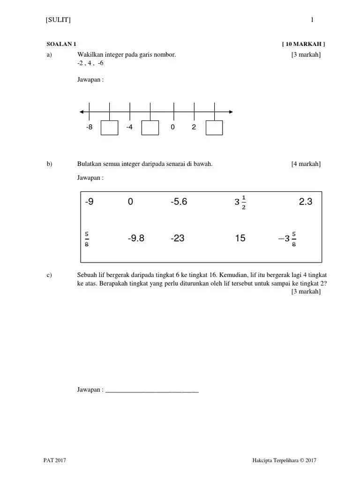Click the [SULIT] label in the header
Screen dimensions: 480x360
point(58,20)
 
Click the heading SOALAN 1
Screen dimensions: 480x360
point(61,44)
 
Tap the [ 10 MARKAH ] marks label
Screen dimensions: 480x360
point(303,44)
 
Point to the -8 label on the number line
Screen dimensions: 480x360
point(90,127)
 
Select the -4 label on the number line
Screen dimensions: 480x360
point(129,127)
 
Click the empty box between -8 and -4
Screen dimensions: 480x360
point(110,128)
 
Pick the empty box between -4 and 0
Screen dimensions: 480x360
point(150,128)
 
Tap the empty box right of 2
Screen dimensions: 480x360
point(214,128)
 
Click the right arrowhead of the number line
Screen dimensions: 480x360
point(230,112)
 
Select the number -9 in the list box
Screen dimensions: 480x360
point(90,202)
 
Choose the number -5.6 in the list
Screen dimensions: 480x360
point(179,202)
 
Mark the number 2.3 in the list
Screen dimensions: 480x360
point(305,202)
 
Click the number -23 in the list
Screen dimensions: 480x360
point(178,239)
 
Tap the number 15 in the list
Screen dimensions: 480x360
point(240,239)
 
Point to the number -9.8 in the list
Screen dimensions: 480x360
point(136,239)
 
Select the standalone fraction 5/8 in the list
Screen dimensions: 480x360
point(87,239)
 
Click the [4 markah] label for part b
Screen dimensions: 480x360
point(306,164)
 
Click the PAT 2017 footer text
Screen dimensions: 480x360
point(55,461)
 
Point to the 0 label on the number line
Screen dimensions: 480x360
point(172,127)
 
